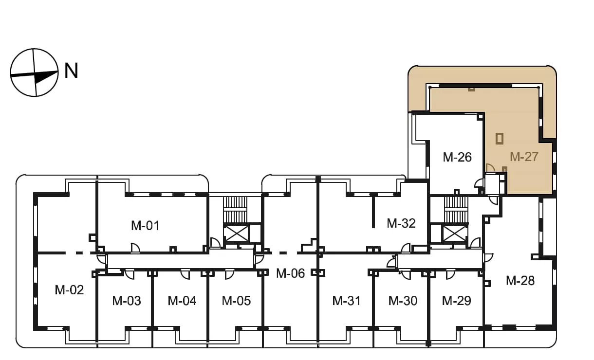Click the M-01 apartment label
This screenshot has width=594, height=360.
coord(145,226)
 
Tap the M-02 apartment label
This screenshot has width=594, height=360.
coord(69,290)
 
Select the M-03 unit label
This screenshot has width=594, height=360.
coord(127,301)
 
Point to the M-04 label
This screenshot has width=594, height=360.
coord(182,301)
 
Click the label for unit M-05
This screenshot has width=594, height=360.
coord(236,301)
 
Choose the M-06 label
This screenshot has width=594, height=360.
coord(290,273)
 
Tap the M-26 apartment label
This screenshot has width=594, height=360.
coord(457,157)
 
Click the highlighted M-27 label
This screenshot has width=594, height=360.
coord(524,157)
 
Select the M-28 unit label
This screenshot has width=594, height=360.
coord(520,281)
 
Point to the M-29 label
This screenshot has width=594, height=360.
coord(456,301)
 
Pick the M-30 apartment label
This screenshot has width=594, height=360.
coord(403,301)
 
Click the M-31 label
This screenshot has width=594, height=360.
coord(346,301)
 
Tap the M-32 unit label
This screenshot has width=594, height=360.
coord(401,223)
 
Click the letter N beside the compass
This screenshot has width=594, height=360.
coord(71,71)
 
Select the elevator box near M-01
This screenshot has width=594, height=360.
coord(236,234)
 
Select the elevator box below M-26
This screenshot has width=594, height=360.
coord(455,234)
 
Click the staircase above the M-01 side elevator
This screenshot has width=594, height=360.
coord(235,210)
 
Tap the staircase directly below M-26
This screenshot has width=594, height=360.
coord(456,210)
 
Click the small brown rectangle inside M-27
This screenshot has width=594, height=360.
coord(500,139)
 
